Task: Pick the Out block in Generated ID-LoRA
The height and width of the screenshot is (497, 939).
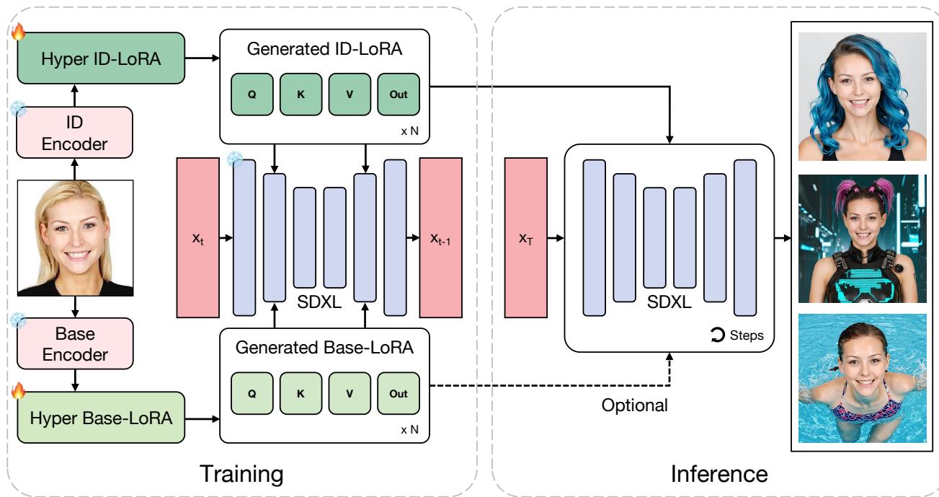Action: pos(399,93)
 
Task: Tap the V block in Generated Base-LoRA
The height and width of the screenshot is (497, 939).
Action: pos(350,393)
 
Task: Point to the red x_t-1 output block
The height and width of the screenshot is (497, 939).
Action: pos(440,237)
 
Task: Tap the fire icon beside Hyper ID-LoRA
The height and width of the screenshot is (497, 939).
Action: pos(17,32)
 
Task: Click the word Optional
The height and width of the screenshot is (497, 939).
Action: pos(635,405)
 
